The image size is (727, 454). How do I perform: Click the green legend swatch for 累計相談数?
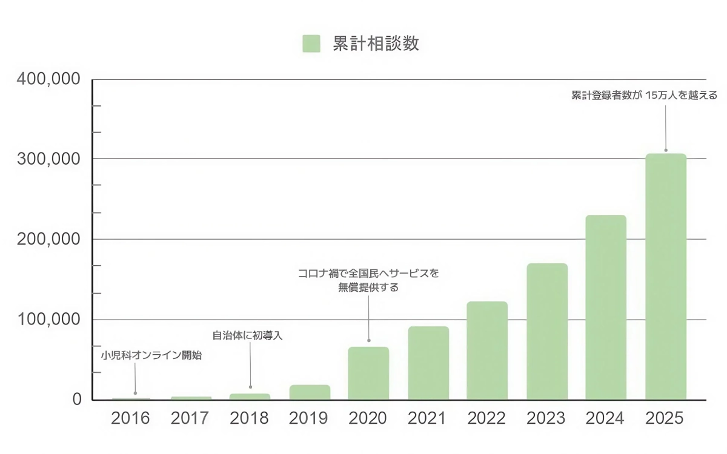(x=311, y=44)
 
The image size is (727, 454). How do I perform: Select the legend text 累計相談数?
(x=376, y=44)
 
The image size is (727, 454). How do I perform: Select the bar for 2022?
(x=487, y=350)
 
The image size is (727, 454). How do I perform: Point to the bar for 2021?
(x=428, y=363)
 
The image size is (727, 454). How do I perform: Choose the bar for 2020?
(x=368, y=373)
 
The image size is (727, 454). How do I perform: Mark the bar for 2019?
(x=310, y=392)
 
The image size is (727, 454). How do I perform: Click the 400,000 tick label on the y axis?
(x=48, y=79)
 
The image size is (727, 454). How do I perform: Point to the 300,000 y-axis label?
(x=48, y=159)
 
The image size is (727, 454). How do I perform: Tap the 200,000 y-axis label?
(x=48, y=239)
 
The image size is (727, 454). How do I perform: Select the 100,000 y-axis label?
(x=48, y=319)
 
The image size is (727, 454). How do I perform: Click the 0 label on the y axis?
(x=77, y=400)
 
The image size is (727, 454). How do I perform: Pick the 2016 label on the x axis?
(x=130, y=418)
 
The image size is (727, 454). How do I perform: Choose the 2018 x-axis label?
(x=250, y=418)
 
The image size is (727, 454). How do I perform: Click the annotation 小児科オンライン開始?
(x=151, y=356)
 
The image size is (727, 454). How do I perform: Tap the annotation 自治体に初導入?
(x=247, y=335)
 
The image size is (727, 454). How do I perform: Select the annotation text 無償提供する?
(x=368, y=288)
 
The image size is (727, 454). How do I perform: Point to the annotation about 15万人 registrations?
(x=645, y=95)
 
